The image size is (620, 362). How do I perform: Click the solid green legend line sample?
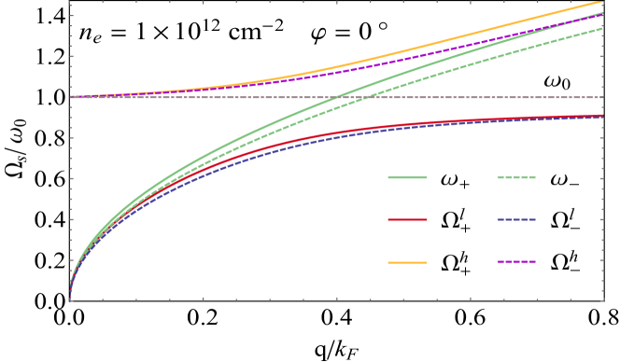point(407,176)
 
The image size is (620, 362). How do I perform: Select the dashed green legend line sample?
point(516,176)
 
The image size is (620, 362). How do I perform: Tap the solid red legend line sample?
point(407,220)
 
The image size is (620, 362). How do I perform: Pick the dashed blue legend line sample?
point(516,220)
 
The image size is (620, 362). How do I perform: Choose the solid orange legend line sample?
point(407,263)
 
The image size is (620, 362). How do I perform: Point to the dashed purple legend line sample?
point(516,263)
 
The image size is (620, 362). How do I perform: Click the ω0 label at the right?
point(557,82)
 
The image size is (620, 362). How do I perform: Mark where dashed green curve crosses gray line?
point(365,97)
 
